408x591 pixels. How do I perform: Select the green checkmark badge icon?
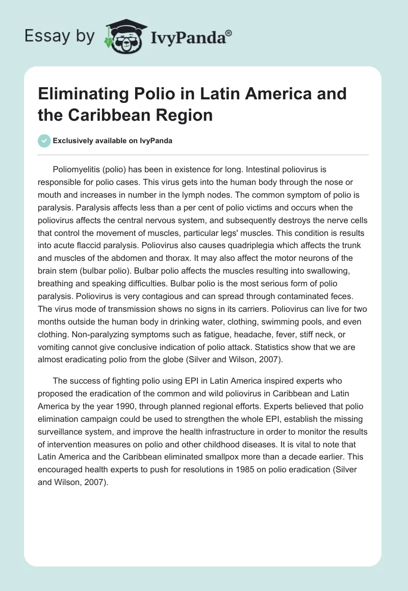tap(44, 141)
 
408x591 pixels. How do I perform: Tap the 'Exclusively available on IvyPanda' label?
tap(113, 141)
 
